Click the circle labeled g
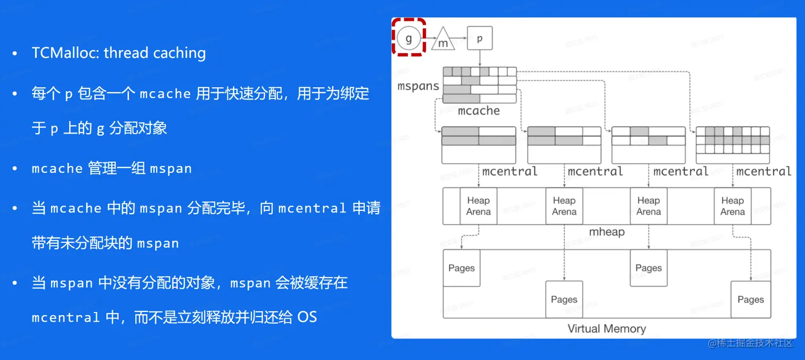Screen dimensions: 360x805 tap(409, 38)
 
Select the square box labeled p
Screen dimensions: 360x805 tap(480, 38)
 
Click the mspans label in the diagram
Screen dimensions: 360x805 tap(418, 86)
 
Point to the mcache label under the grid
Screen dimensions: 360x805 tap(479, 111)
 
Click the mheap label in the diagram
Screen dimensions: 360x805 tap(606, 232)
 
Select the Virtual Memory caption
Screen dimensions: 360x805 tap(606, 329)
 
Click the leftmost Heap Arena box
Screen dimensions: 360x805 tap(478, 206)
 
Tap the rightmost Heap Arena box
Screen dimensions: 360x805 tap(732, 206)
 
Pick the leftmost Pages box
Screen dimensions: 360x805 tap(461, 268)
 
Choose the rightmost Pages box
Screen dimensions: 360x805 tap(750, 300)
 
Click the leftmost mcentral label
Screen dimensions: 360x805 tap(510, 171)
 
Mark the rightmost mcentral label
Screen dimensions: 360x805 tap(763, 171)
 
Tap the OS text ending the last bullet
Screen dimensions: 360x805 tap(307, 317)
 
